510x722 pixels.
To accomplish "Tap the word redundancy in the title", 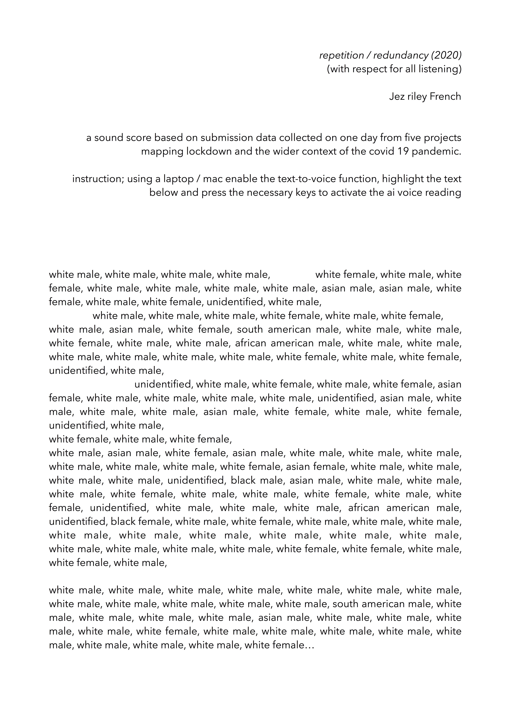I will (x=400, y=56).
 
